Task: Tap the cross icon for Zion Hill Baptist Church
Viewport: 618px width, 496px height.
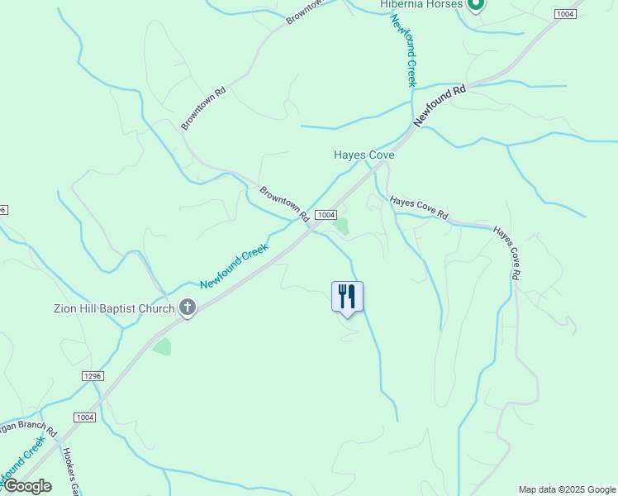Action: (x=188, y=308)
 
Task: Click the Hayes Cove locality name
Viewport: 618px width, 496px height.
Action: (x=364, y=155)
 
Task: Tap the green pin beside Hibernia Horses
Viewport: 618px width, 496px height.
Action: (x=475, y=4)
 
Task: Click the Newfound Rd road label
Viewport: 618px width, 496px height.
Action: (x=440, y=105)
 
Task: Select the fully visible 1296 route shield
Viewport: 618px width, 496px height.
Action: (x=92, y=376)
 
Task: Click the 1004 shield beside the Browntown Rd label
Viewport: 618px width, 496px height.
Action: (x=325, y=213)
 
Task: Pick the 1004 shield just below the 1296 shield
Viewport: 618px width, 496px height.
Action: (x=84, y=417)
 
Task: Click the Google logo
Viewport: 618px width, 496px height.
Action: (x=27, y=486)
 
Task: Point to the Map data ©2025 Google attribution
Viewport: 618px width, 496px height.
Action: (x=567, y=489)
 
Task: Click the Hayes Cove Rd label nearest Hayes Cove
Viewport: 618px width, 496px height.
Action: (x=419, y=208)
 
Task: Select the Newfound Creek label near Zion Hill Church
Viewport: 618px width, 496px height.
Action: (x=234, y=265)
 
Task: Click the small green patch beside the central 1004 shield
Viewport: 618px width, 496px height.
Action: (x=341, y=225)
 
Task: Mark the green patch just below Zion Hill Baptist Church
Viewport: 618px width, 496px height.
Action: (x=162, y=346)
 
